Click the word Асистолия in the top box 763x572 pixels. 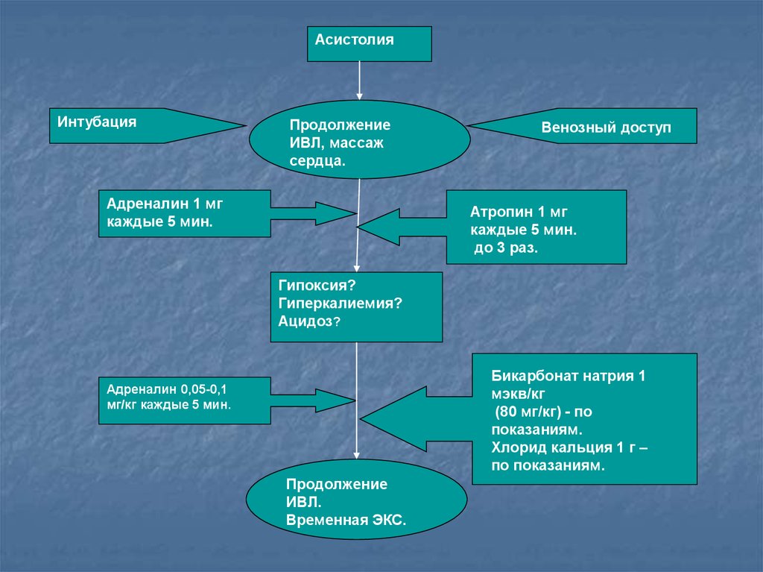pyautogui.click(x=354, y=40)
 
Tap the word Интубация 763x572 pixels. pyautogui.click(x=97, y=122)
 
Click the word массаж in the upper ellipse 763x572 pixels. pyautogui.click(x=359, y=143)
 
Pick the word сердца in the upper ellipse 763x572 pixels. pyautogui.click(x=316, y=161)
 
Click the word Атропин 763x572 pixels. pyautogui.click(x=501, y=213)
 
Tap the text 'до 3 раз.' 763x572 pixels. pyautogui.click(x=506, y=248)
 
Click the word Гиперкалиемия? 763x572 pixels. pyautogui.click(x=340, y=304)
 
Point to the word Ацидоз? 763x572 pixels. pyautogui.click(x=309, y=321)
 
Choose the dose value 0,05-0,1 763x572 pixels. pyautogui.click(x=203, y=390)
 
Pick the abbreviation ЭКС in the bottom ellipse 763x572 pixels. pyautogui.click(x=387, y=521)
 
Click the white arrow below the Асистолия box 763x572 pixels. pyautogui.click(x=360, y=81)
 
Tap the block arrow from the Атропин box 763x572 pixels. pyautogui.click(x=402, y=227)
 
